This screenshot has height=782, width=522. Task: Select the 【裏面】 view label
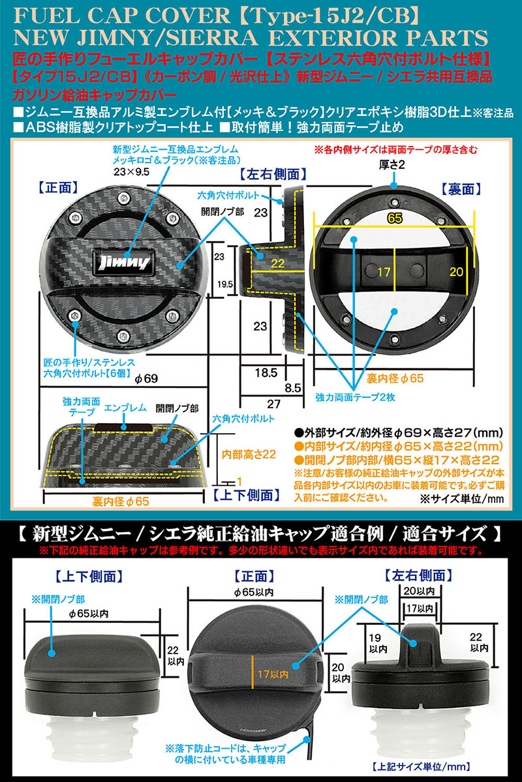[x=461, y=189]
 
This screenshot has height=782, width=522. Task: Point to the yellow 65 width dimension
[x=393, y=219]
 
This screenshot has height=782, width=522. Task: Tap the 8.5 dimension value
[x=293, y=387]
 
